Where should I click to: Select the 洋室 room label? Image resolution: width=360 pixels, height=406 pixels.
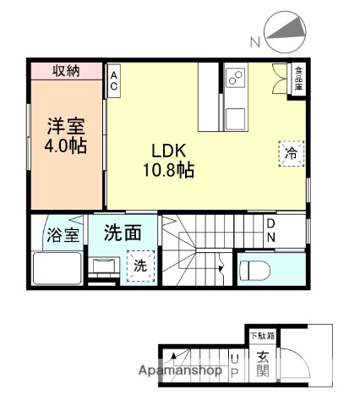[66, 125]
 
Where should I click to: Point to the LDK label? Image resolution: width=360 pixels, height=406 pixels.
[169, 151]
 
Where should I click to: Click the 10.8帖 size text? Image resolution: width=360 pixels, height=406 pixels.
[169, 171]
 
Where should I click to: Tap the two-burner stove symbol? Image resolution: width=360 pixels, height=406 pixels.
[235, 82]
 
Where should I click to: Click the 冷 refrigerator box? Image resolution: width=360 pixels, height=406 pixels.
[290, 155]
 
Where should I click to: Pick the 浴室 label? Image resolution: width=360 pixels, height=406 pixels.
[62, 235]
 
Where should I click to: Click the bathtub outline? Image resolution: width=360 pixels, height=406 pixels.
[58, 268]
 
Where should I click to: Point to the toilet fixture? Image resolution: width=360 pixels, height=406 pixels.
[259, 271]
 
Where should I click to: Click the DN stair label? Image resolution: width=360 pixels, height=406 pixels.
[271, 229]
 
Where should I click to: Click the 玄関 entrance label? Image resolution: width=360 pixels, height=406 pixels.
[262, 365]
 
